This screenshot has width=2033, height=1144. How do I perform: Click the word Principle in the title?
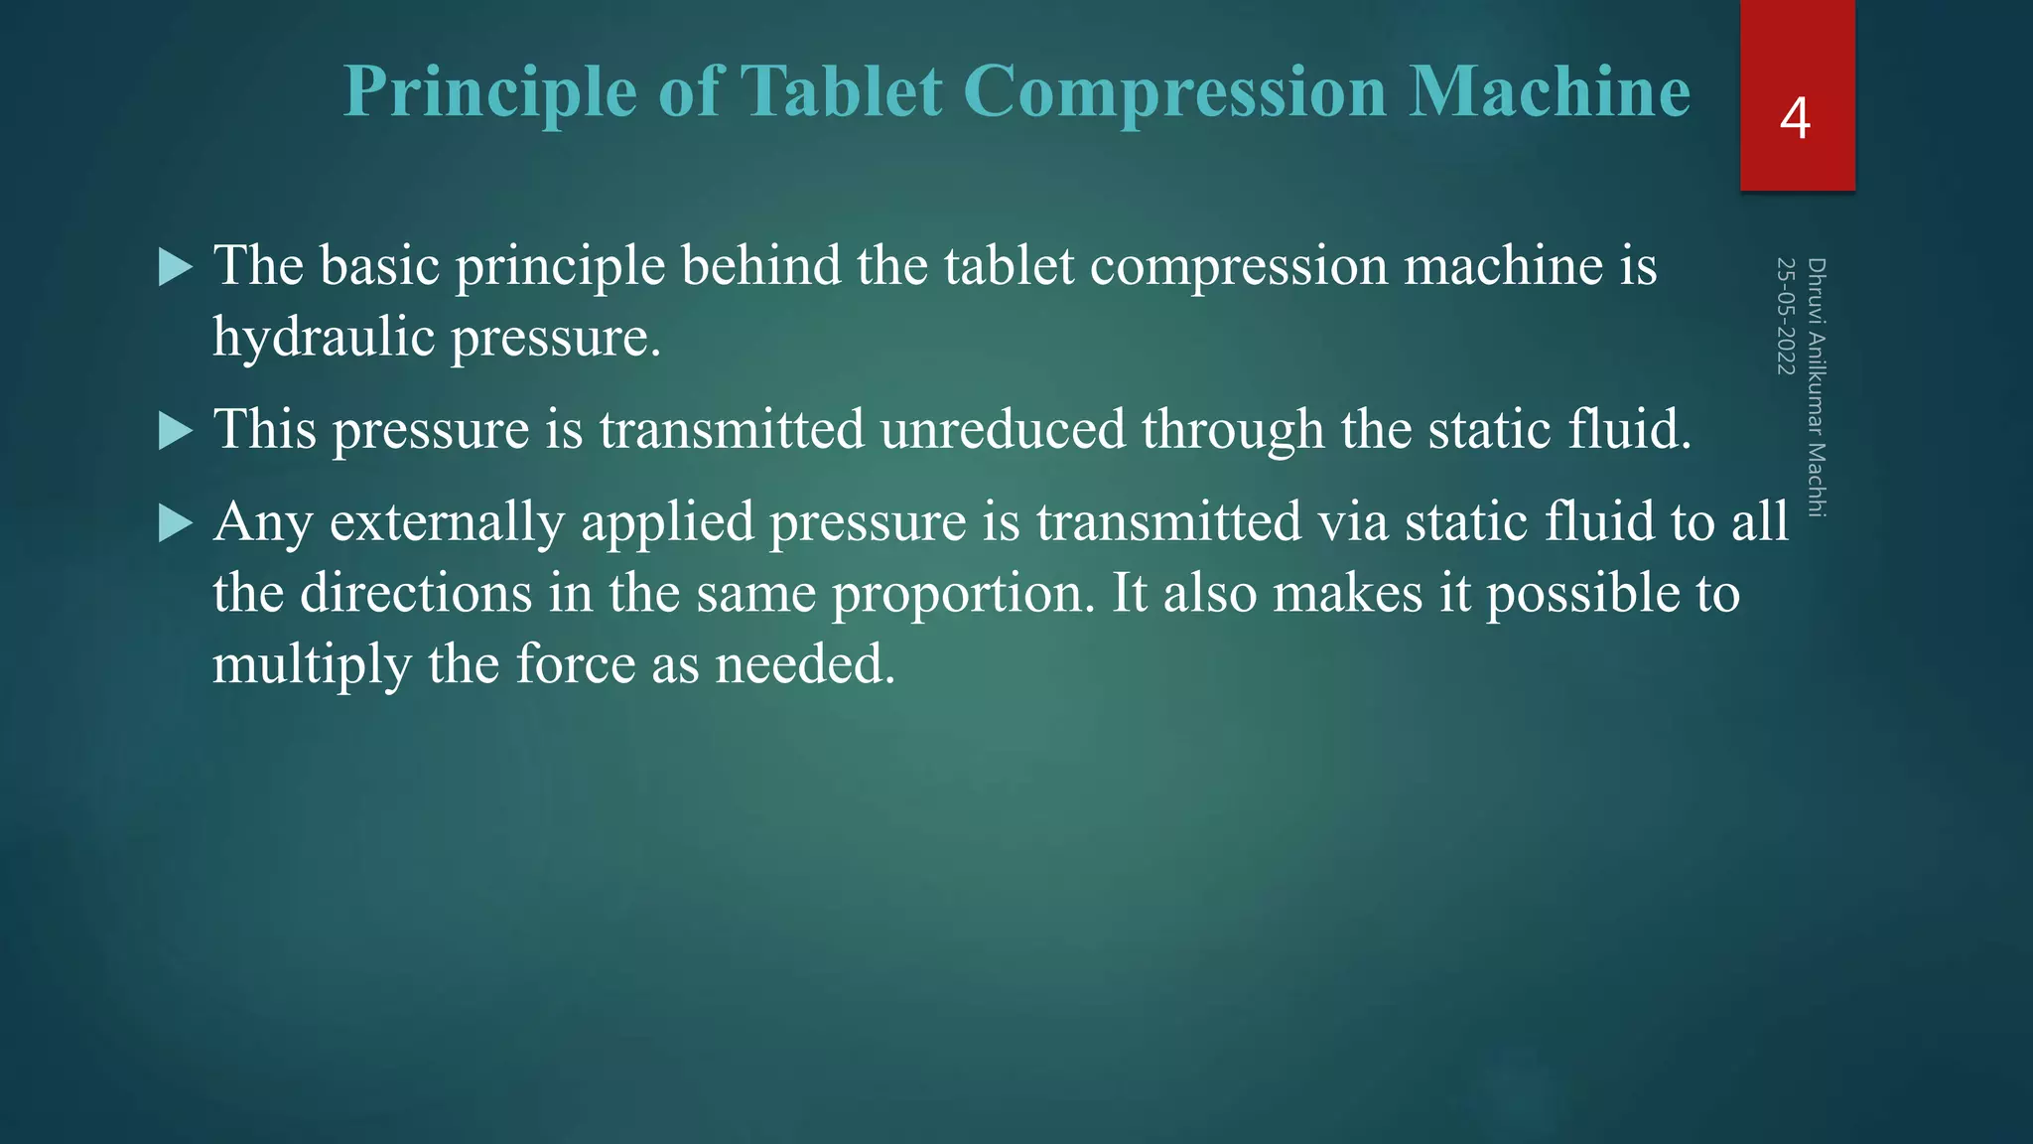(x=490, y=92)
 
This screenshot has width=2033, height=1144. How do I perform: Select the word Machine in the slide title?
(x=1550, y=92)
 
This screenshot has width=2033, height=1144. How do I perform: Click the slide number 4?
(x=1795, y=118)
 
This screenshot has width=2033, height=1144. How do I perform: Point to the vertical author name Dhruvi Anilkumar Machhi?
(x=1817, y=387)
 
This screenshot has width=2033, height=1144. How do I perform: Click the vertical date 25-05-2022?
(x=1786, y=316)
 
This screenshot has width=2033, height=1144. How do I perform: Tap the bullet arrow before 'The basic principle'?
(x=175, y=267)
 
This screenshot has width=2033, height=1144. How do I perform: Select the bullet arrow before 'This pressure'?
(x=175, y=431)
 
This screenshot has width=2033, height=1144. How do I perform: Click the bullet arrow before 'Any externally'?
(x=175, y=522)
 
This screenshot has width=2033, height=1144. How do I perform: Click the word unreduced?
(x=1003, y=429)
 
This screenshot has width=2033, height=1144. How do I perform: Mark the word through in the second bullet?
(x=1233, y=429)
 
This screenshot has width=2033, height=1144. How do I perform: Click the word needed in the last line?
(x=805, y=664)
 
